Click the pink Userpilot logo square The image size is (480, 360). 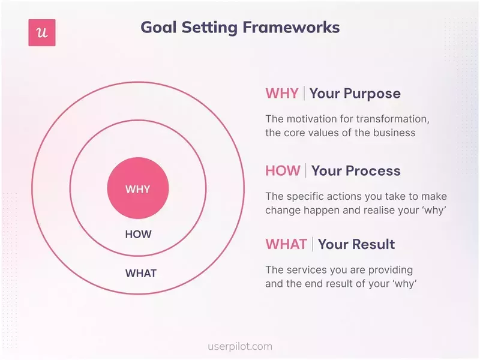41,32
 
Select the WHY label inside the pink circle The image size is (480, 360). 137,189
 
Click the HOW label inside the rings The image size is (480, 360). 138,235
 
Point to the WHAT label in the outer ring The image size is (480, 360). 140,274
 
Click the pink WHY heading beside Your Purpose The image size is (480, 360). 282,94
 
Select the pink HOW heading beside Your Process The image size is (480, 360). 282,170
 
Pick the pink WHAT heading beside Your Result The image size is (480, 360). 286,244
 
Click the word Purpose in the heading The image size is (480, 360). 372,94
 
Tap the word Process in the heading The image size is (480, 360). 372,170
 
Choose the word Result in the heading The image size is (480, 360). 373,244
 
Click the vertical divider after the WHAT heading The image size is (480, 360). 312,244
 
